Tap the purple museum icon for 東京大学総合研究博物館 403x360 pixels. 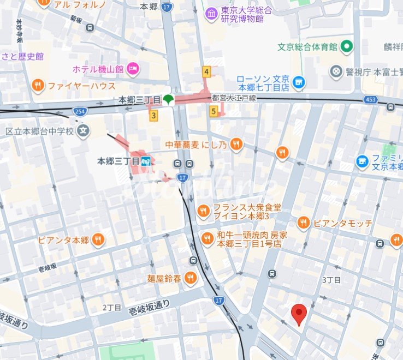211,14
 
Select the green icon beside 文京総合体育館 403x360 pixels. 346,47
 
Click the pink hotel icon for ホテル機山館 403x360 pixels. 133,69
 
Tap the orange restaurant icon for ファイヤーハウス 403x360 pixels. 38,85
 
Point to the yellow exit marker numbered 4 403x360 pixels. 206,71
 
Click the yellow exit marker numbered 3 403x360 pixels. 154,115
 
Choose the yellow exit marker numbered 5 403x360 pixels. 214,111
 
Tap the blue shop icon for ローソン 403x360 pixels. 298,82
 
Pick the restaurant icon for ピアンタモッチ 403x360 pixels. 304,223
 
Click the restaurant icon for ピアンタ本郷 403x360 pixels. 98,239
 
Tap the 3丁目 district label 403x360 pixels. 331,280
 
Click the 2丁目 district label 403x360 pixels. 111,308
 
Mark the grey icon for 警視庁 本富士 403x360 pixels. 336,71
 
